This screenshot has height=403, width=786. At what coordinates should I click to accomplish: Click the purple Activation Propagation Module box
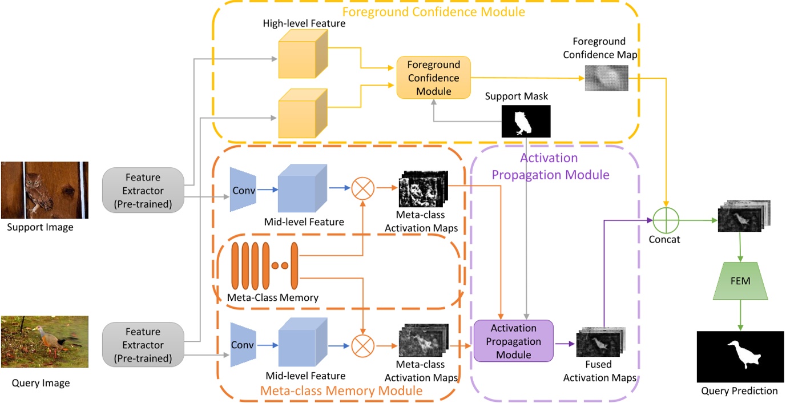coord(513,341)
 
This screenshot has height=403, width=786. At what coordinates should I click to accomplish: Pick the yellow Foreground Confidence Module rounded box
coord(433,77)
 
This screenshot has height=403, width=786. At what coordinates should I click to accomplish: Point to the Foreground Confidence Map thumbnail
coord(606,78)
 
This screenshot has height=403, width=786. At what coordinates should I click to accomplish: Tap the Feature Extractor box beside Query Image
coord(143,345)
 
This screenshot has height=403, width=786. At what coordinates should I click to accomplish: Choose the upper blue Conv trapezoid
coord(241,190)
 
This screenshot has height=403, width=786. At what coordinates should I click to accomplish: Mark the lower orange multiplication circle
coord(362,345)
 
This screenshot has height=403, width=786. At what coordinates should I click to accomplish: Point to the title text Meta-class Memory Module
coord(341,390)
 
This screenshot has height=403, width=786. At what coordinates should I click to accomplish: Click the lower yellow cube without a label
coord(303,112)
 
